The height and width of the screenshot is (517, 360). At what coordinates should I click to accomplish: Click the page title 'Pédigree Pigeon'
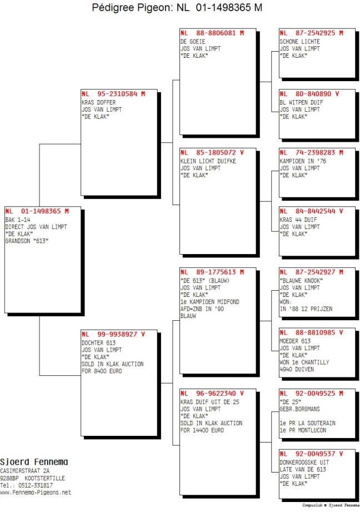tap(132, 8)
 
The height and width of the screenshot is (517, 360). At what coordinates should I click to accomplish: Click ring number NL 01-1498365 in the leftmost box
tap(37, 211)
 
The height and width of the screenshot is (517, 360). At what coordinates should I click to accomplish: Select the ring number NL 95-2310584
tap(113, 93)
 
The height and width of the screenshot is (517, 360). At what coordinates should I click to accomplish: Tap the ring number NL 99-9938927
tap(113, 334)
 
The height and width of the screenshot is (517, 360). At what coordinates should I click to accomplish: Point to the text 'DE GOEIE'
tap(193, 42)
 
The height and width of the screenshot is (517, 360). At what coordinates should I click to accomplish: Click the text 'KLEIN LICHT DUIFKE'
tap(208, 161)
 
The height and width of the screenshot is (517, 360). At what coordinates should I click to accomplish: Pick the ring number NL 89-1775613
tap(212, 272)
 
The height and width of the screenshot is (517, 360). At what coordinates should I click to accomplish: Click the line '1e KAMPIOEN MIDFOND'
tap(210, 302)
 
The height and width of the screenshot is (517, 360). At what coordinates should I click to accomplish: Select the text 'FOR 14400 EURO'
tap(202, 430)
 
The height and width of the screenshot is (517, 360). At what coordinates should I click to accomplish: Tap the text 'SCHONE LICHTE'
tap(300, 42)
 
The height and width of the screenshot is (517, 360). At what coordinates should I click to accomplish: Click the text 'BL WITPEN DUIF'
tap(301, 102)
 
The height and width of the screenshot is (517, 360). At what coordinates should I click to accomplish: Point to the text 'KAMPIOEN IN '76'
tap(303, 161)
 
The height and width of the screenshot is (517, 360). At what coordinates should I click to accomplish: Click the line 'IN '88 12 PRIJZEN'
tap(306, 309)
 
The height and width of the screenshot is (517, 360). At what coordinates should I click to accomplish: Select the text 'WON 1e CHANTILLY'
tap(304, 362)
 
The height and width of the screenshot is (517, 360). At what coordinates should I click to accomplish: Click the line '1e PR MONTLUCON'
tap(303, 430)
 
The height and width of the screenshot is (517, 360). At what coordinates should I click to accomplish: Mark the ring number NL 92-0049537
tap(311, 454)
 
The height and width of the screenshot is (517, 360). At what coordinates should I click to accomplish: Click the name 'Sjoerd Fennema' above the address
tap(34, 462)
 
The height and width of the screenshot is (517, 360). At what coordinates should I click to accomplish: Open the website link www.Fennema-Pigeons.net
tap(35, 493)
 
